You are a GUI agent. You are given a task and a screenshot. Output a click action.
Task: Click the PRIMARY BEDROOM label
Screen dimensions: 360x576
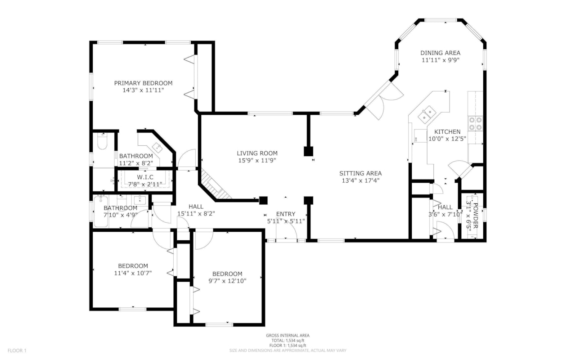tap(143, 83)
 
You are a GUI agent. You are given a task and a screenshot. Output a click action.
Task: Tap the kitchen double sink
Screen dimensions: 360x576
tap(426, 115)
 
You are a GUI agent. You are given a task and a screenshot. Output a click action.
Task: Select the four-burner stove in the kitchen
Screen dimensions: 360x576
tap(476, 123)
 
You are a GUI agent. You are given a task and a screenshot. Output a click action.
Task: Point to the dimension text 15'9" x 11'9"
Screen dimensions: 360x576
tap(257, 160)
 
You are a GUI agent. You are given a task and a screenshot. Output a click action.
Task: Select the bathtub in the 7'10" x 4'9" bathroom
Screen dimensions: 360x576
tap(101, 211)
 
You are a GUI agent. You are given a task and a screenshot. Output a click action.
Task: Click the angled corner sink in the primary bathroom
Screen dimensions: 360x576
tap(157, 147)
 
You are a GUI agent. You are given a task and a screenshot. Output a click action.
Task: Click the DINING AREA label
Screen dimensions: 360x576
tap(440, 53)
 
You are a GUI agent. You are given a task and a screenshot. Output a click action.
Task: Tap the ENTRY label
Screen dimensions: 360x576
tap(285, 214)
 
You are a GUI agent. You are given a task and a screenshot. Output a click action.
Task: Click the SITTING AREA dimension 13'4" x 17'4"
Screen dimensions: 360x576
tap(360, 180)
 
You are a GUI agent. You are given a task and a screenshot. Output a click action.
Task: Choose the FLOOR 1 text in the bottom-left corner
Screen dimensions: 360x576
tap(17, 350)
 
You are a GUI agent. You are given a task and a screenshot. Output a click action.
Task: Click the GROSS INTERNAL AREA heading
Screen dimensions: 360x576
tap(288, 335)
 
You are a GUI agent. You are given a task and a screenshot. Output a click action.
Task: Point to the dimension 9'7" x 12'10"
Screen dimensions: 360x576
tap(227, 281)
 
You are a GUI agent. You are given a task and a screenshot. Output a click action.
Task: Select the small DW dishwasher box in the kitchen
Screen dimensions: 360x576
tap(417, 139)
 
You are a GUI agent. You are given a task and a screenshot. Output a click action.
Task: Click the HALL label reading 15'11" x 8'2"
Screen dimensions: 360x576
tap(196, 214)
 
